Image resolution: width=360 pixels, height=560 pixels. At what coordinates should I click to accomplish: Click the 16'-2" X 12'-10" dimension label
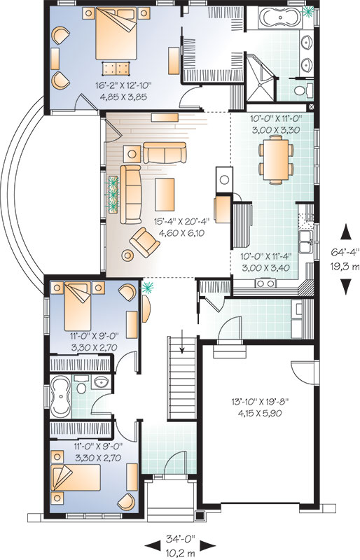(124, 85)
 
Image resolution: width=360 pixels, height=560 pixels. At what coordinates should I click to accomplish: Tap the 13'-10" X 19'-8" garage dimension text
(260, 401)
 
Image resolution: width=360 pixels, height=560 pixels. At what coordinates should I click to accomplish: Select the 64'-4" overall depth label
(345, 253)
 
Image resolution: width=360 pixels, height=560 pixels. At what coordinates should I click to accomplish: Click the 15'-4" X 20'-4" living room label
(181, 221)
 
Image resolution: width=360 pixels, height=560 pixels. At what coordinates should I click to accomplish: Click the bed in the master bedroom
(116, 34)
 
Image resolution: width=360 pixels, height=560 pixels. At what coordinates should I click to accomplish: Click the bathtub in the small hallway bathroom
(61, 396)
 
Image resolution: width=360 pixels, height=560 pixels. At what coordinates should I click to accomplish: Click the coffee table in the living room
(165, 195)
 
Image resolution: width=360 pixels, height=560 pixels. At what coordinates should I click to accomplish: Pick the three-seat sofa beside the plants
(130, 195)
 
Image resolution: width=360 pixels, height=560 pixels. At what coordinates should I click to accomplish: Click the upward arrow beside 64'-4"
(345, 232)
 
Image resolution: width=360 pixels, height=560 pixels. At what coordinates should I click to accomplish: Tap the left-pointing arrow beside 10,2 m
(153, 546)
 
